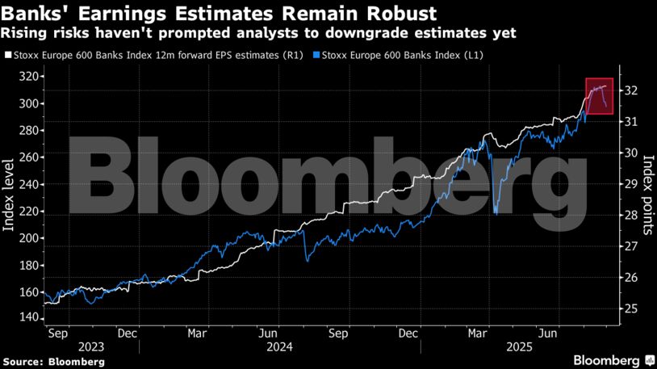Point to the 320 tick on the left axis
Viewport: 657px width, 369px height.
[29, 77]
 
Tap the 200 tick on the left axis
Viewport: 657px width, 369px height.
[29, 238]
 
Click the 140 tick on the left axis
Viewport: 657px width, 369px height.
[29, 318]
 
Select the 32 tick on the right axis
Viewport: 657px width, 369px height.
[631, 90]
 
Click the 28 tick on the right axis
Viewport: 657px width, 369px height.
[631, 216]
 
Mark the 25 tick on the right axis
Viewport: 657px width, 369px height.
[631, 309]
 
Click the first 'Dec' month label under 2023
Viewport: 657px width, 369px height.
[127, 332]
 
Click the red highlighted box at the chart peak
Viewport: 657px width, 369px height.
[600, 96]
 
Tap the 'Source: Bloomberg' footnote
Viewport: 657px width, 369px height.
[52, 362]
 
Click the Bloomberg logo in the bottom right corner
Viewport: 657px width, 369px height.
[613, 359]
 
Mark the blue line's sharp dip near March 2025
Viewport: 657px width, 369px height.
[496, 213]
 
